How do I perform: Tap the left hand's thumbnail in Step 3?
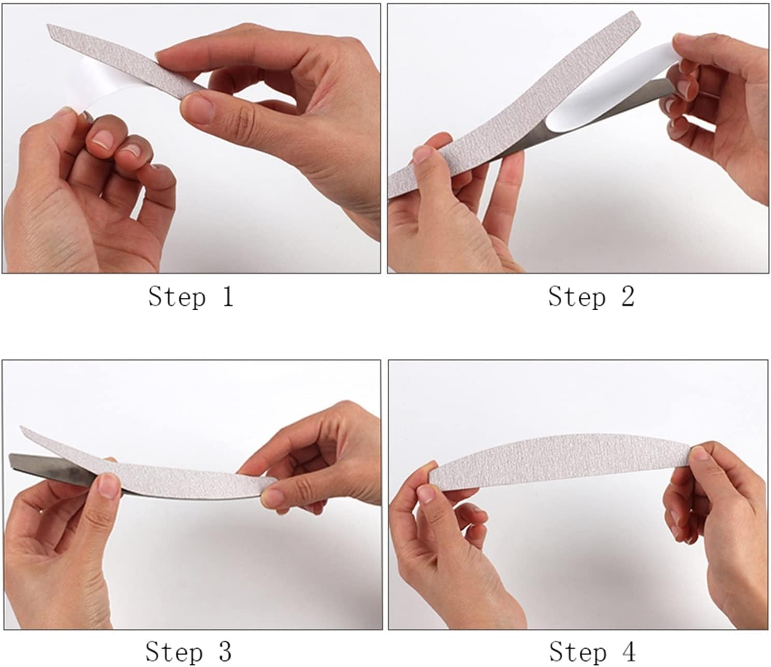109,485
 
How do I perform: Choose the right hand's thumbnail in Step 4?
699,455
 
